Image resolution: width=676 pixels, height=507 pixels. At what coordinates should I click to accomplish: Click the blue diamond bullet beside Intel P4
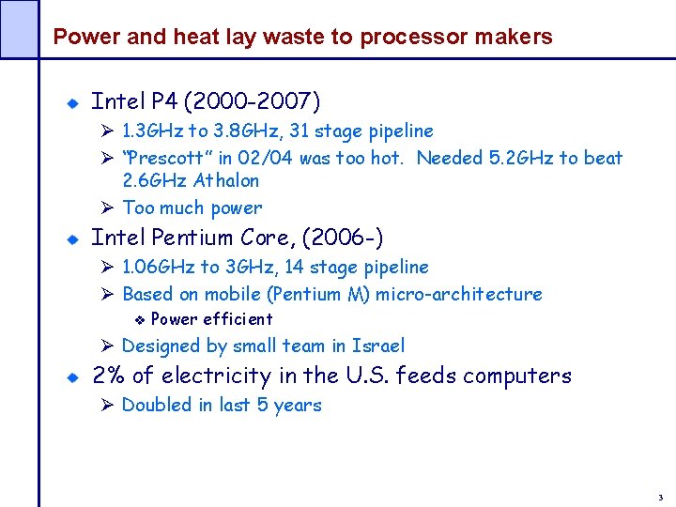click(x=70, y=101)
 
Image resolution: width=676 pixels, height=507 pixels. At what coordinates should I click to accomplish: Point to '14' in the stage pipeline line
click(x=297, y=267)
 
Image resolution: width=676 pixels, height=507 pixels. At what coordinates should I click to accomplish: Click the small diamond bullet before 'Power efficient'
click(x=136, y=319)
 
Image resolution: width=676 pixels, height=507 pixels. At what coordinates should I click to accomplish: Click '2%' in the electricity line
click(x=107, y=376)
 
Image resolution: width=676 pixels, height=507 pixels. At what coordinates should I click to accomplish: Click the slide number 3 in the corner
click(x=660, y=497)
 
